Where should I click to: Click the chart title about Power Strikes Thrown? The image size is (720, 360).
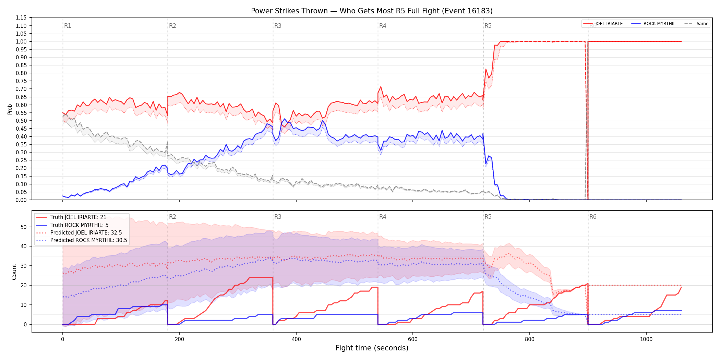click(x=372, y=11)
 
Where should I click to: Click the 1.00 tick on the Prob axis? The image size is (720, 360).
click(x=21, y=41)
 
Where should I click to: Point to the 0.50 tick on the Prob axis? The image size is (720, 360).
click(x=21, y=121)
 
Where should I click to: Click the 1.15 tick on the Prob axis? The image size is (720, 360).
click(x=21, y=18)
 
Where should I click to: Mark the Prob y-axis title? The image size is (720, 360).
click(x=10, y=109)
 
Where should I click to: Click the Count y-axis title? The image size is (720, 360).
click(x=14, y=272)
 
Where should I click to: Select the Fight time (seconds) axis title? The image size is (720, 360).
click(x=372, y=348)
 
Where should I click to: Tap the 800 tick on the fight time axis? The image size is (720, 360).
click(x=529, y=339)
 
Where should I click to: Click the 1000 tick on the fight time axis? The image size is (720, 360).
click(x=646, y=339)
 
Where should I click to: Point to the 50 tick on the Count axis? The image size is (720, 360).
click(x=24, y=227)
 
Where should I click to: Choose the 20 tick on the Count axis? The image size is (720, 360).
click(x=24, y=285)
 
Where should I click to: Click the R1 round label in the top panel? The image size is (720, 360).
click(x=68, y=26)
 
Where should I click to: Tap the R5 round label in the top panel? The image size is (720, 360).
click(x=488, y=26)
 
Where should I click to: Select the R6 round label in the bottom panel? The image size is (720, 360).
click(x=593, y=217)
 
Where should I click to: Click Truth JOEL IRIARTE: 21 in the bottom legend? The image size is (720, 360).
click(x=78, y=217)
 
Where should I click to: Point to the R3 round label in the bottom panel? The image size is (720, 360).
click(x=278, y=217)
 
